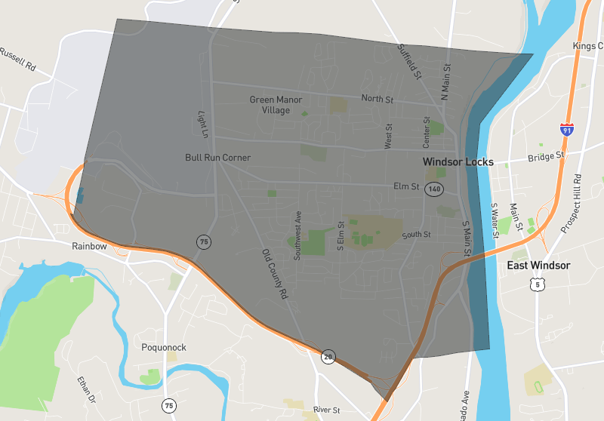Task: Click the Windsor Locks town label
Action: click(458, 162)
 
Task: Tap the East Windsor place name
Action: click(538, 266)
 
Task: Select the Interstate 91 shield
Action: click(566, 129)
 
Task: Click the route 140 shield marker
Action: click(433, 189)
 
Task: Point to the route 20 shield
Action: click(328, 357)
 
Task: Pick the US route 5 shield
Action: click(536, 284)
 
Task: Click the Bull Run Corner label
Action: click(217, 158)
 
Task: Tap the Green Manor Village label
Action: click(276, 105)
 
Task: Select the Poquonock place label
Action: click(164, 348)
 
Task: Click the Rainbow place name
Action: click(89, 246)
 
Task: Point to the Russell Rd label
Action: click(19, 60)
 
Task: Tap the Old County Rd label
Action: click(276, 273)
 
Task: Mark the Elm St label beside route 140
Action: click(406, 186)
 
